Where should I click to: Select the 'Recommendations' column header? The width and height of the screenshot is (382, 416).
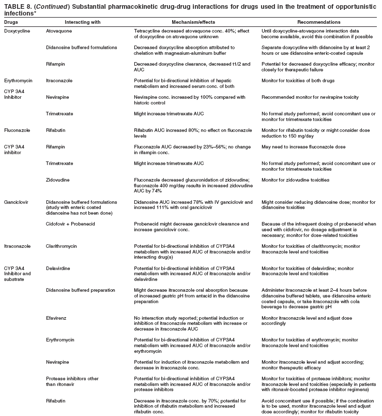[319, 23]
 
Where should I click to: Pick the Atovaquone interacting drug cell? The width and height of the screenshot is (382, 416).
[59, 31]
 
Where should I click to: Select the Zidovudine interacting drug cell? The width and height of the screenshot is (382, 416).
[59, 179]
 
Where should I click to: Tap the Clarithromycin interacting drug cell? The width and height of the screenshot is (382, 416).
[63, 246]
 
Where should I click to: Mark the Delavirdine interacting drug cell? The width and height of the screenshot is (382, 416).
[60, 268]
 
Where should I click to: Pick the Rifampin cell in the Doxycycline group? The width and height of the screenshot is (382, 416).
[57, 63]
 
